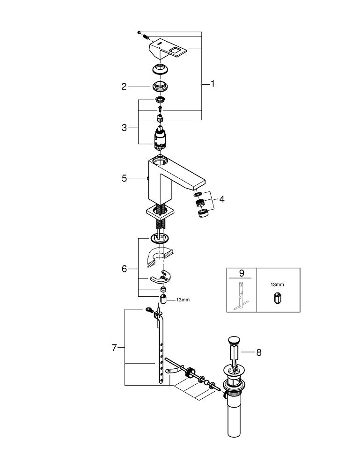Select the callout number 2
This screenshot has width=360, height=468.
124,87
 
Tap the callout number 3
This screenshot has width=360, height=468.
124,127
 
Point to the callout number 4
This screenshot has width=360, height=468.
221,199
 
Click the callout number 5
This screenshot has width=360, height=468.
124,178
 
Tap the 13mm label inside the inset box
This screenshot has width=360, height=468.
277,284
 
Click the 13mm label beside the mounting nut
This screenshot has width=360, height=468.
183,300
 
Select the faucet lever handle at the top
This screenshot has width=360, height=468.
169,48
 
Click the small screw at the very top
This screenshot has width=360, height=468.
139,32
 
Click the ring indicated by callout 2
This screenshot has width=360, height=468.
161,87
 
